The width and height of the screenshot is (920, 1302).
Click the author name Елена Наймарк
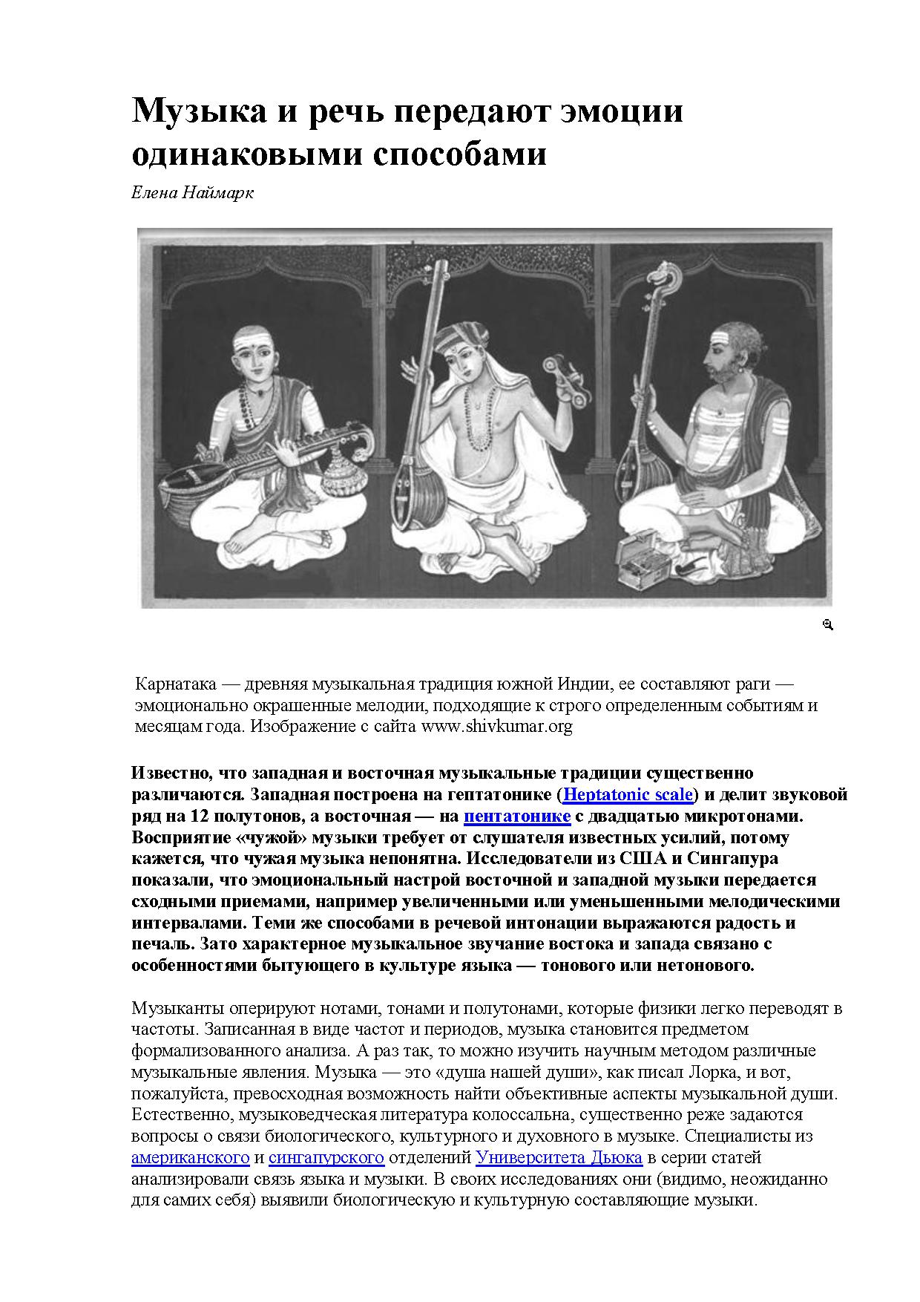[192, 193]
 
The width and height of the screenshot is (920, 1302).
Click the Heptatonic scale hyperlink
[628, 795]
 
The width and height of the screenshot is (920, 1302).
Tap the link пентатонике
[517, 817]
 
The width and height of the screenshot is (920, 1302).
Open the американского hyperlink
[190, 1157]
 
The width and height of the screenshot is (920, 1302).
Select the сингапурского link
[326, 1157]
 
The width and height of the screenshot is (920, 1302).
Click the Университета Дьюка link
[559, 1157]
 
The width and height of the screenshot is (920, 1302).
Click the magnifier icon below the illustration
[828, 625]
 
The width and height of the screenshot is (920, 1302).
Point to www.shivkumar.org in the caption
[496, 726]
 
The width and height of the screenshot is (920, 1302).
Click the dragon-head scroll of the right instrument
[659, 281]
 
